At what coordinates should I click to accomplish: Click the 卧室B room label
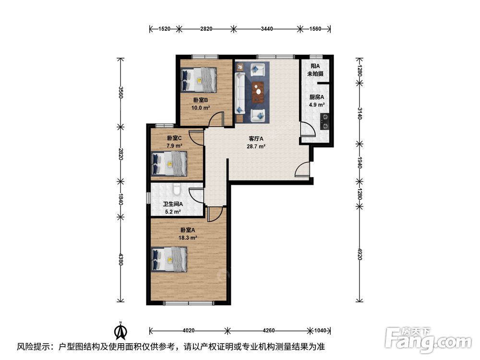(x=201, y=100)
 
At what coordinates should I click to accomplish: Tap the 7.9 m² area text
(x=175, y=146)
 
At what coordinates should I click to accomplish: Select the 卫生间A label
(x=173, y=204)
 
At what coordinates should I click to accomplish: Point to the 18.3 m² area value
(x=188, y=238)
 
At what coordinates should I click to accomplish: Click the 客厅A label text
(x=256, y=139)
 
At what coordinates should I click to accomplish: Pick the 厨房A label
(x=316, y=97)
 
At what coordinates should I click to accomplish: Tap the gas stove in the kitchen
(x=324, y=121)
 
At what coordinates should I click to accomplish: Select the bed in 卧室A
(x=169, y=259)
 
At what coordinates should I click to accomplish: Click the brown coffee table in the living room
(x=258, y=91)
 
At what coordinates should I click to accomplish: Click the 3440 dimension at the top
(x=266, y=29)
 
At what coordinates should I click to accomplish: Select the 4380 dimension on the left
(x=121, y=260)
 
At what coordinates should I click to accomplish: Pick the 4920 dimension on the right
(x=360, y=253)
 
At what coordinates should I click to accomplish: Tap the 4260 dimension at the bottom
(x=268, y=330)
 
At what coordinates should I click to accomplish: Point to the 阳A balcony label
(x=315, y=66)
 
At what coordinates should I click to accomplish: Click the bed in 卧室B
(x=199, y=80)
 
